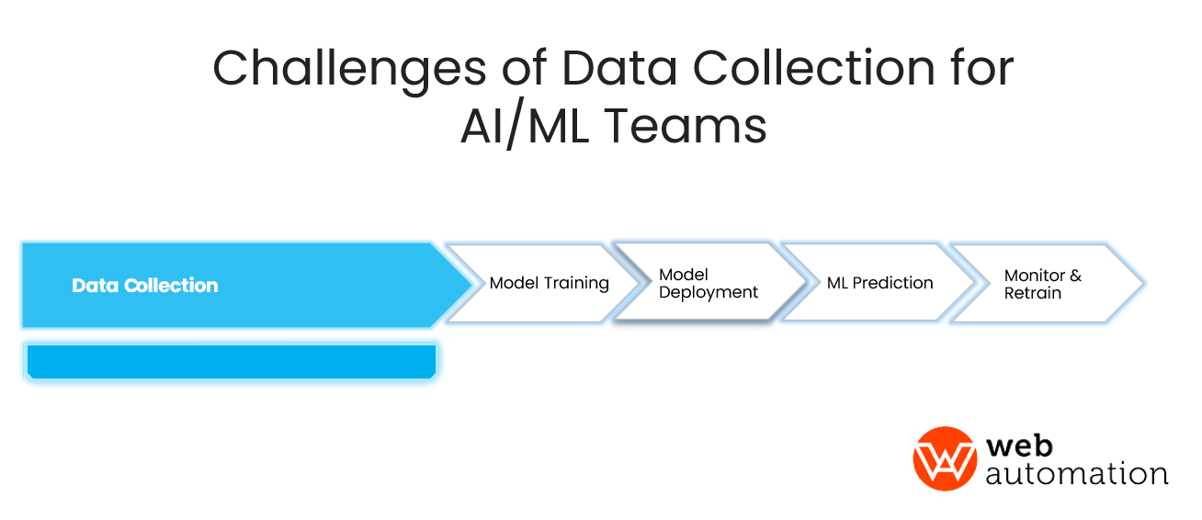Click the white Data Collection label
(145, 286)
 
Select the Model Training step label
(549, 283)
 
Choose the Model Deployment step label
(708, 283)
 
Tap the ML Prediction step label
(879, 283)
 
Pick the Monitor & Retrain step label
(1042, 284)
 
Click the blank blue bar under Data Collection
(231, 361)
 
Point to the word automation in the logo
(1076, 473)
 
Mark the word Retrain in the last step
(1033, 293)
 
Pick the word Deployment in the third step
(709, 292)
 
